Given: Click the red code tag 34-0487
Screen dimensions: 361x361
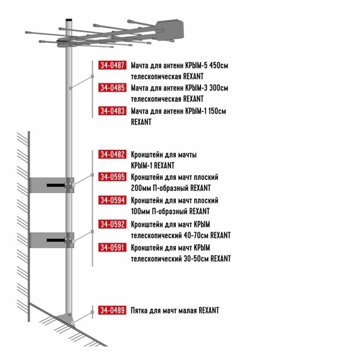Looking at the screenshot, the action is pos(113,65).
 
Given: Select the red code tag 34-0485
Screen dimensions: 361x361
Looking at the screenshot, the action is pos(113,88).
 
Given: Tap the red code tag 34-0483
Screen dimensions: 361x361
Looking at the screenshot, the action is pos(113,111).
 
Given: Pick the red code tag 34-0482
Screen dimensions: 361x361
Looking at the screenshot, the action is pos(113,155).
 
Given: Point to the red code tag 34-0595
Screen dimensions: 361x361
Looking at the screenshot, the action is pos(113,177).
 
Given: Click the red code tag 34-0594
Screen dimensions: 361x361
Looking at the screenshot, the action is pos(113,200).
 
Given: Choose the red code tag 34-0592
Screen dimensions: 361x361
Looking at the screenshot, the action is pos(113,224).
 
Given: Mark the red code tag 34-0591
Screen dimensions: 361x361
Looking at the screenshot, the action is pos(113,247).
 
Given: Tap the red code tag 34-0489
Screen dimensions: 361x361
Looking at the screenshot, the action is pos(113,310).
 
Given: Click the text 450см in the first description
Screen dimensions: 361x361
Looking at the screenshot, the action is pos(219,66).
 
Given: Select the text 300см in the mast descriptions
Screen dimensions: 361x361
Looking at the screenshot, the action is pos(219,88).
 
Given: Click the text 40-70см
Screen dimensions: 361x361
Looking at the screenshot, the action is pos(196,235).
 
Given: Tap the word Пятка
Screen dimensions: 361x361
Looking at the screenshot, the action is pos(139,310).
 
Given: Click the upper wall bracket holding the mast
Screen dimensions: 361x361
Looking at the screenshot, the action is pos(52,185).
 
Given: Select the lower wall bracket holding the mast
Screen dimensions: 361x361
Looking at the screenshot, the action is pos(52,240).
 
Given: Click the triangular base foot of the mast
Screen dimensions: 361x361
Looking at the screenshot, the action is pos(66,319).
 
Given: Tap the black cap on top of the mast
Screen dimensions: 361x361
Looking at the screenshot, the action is pos(69,20).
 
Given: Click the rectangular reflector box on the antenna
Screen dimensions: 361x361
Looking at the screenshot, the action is pos(170,29).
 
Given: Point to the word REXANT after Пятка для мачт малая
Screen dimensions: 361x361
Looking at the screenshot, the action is pos(209,310).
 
